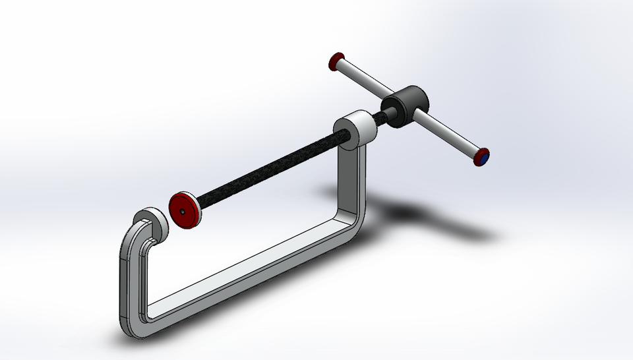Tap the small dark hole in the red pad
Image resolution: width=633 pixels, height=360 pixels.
[x=183, y=212]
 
